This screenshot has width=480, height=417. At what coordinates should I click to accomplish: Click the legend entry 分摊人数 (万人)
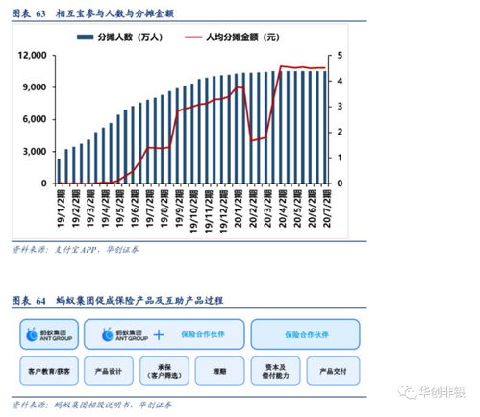(x=136, y=36)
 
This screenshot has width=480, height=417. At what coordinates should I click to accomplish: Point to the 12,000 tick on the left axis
(x=33, y=56)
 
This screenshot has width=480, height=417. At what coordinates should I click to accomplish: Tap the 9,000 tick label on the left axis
(x=36, y=87)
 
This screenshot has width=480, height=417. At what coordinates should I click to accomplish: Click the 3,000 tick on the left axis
(x=36, y=151)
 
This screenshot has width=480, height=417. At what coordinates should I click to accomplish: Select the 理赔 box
(x=220, y=370)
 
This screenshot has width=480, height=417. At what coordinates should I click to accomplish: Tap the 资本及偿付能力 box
(x=278, y=370)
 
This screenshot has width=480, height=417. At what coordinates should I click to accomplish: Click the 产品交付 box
(x=335, y=370)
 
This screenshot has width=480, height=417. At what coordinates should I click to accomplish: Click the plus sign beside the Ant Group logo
(x=158, y=334)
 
